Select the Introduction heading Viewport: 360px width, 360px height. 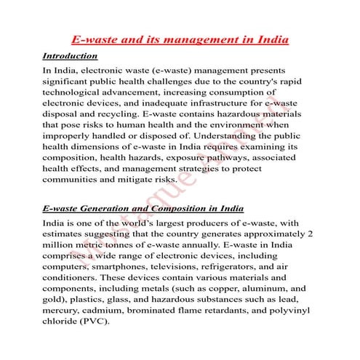70,55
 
